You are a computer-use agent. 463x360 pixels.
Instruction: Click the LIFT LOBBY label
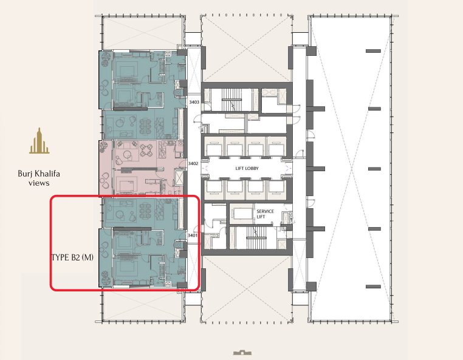pos(247,168)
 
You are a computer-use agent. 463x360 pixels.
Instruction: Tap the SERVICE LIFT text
pos(265,214)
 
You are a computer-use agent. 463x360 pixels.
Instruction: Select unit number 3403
pos(194,102)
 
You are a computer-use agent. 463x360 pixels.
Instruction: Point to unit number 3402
pos(193,163)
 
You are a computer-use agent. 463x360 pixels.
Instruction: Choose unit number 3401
pos(193,235)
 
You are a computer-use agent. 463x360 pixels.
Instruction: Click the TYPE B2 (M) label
pos(72,257)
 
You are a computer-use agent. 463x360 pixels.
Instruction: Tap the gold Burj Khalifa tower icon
pos(39,141)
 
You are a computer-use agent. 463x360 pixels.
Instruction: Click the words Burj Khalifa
pos(39,174)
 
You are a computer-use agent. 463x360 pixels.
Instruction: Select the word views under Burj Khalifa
pos(39,183)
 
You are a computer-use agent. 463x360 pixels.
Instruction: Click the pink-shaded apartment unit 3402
pos(142,168)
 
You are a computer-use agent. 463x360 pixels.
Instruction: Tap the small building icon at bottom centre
pos(242,352)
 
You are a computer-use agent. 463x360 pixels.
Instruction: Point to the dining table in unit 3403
pos(145,124)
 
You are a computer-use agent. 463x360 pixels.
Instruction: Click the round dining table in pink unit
pos(146,150)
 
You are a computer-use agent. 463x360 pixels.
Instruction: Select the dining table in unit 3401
pos(145,211)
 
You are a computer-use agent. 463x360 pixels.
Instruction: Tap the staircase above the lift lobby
pos(231,100)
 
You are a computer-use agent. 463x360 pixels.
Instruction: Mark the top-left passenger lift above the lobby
pos(214,147)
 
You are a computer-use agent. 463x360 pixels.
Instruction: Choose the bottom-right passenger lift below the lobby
pos(276,189)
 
